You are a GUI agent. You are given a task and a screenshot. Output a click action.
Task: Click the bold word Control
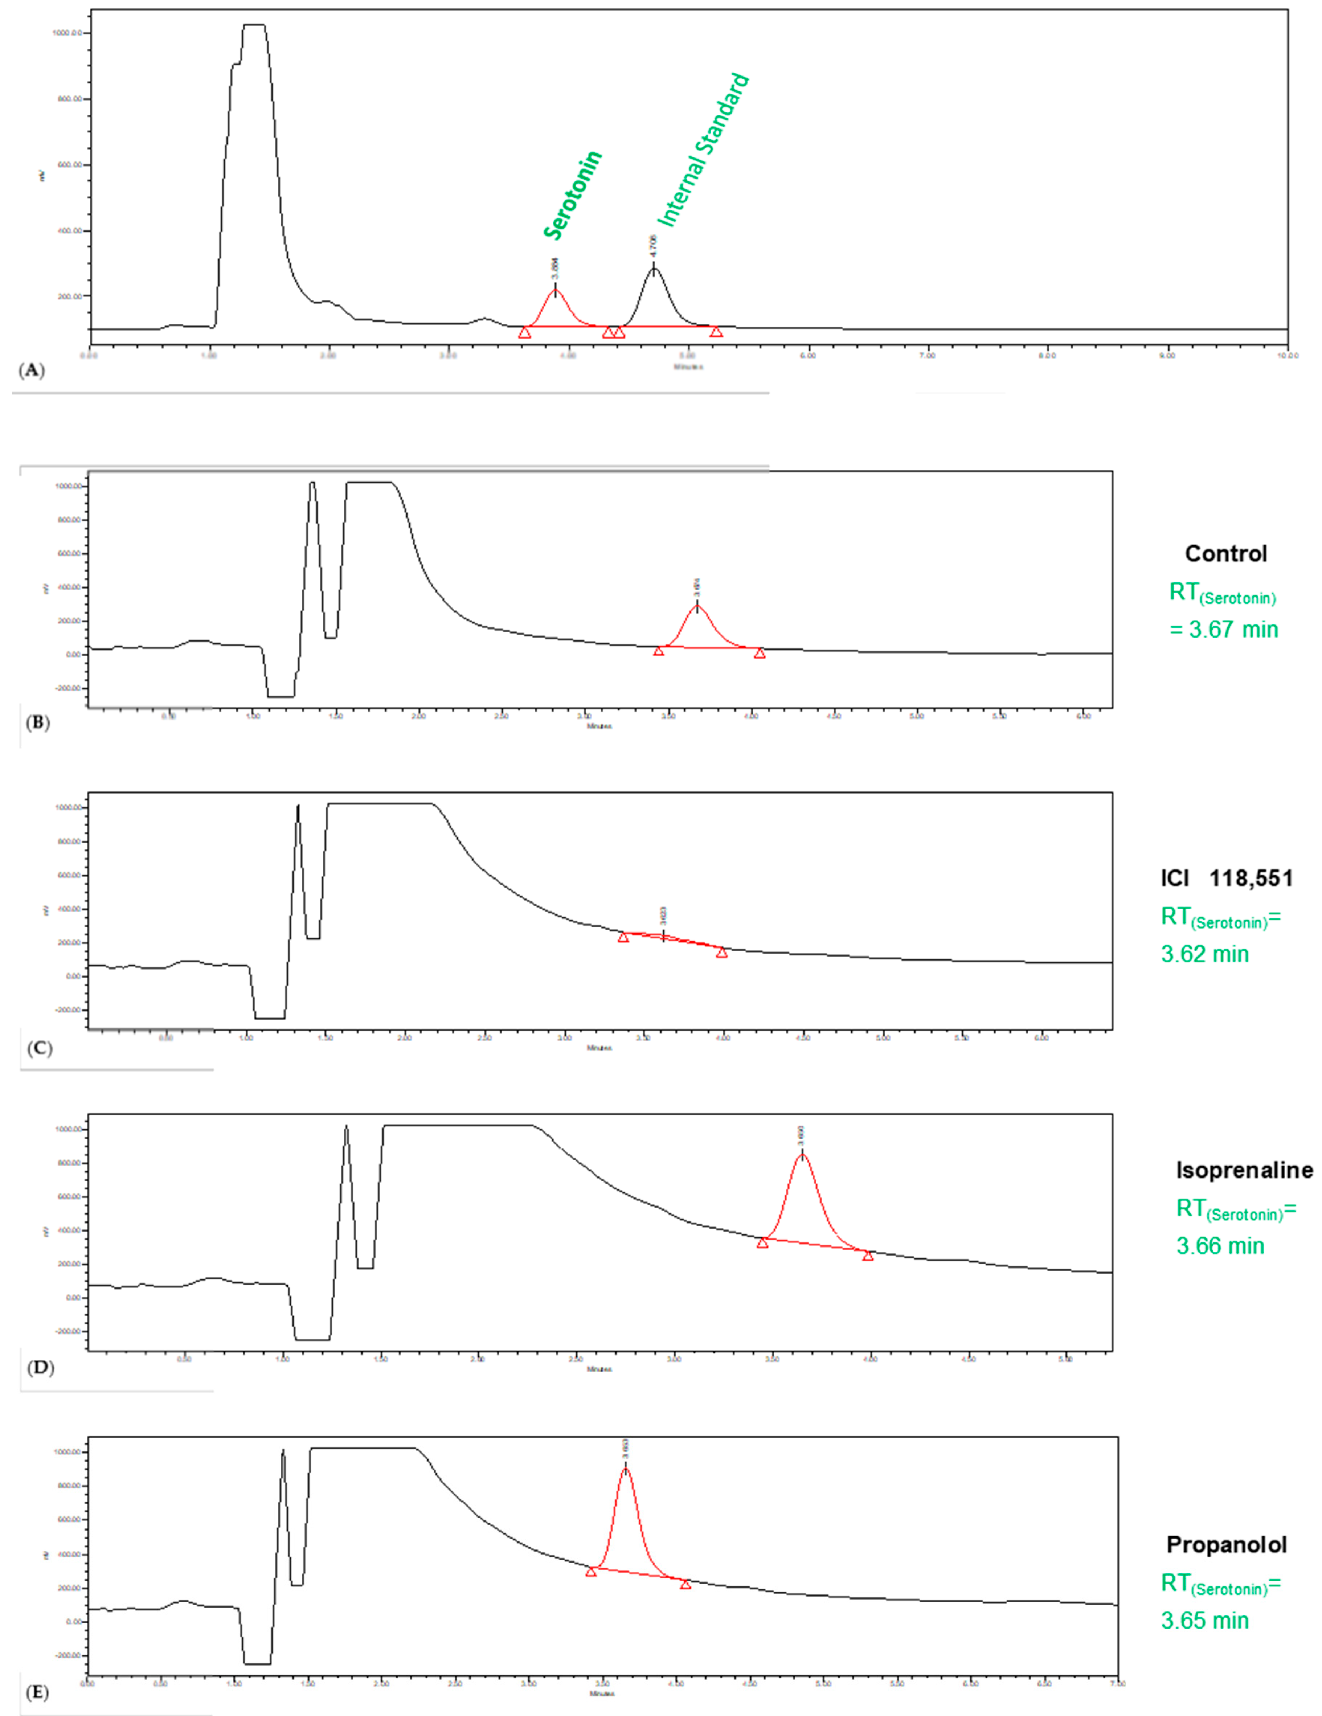pos(1225,554)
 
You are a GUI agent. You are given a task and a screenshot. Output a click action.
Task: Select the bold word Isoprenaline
pos(1243,1170)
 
